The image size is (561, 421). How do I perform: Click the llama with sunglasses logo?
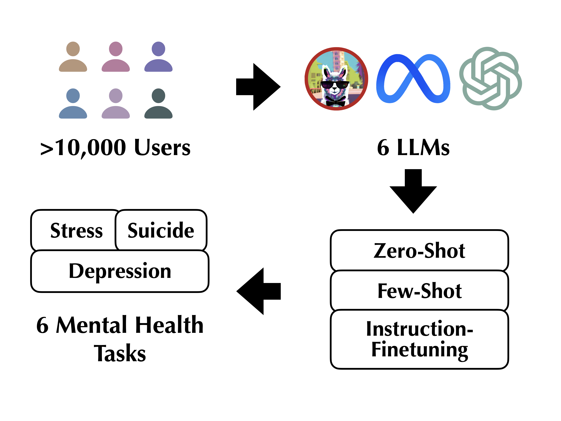336,79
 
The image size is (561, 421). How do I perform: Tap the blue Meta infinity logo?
413,79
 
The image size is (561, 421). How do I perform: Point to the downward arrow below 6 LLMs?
413,191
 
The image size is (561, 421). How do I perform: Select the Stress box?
76,230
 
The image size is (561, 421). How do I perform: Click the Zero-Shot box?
419,251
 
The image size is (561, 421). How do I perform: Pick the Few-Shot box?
419,291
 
